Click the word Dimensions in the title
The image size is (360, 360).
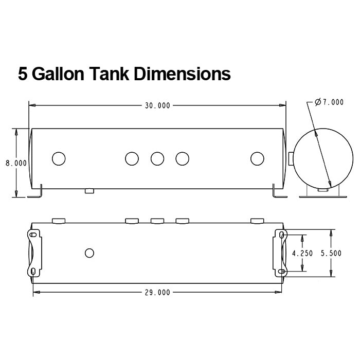point(182,74)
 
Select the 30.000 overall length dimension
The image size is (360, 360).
point(157,105)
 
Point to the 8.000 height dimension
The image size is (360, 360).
point(16,163)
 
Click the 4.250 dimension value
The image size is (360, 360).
point(302,253)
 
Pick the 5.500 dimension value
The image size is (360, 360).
point(330,253)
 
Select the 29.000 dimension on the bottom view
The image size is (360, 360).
point(157,292)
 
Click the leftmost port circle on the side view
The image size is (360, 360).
point(59,158)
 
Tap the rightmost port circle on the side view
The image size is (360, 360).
point(257,158)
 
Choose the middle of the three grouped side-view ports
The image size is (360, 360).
point(157,158)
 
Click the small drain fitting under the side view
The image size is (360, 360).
point(89,191)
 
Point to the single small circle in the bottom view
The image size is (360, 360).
point(89,253)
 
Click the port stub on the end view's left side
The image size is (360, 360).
point(291,158)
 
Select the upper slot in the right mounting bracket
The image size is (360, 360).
point(282,235)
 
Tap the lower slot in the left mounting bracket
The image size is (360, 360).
point(34,271)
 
